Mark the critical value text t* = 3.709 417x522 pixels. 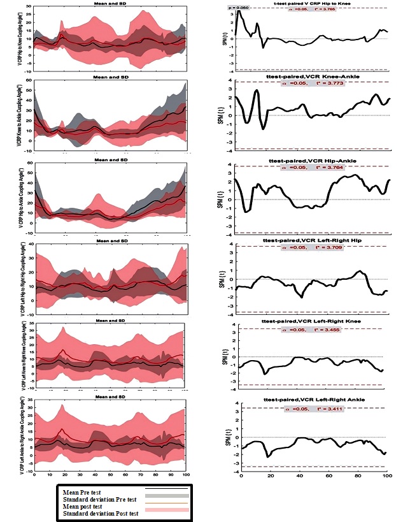click(329, 247)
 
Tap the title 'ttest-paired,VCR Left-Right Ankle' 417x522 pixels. click(314, 400)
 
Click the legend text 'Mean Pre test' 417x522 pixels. click(83, 491)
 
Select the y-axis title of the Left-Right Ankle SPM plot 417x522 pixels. click(229, 437)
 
